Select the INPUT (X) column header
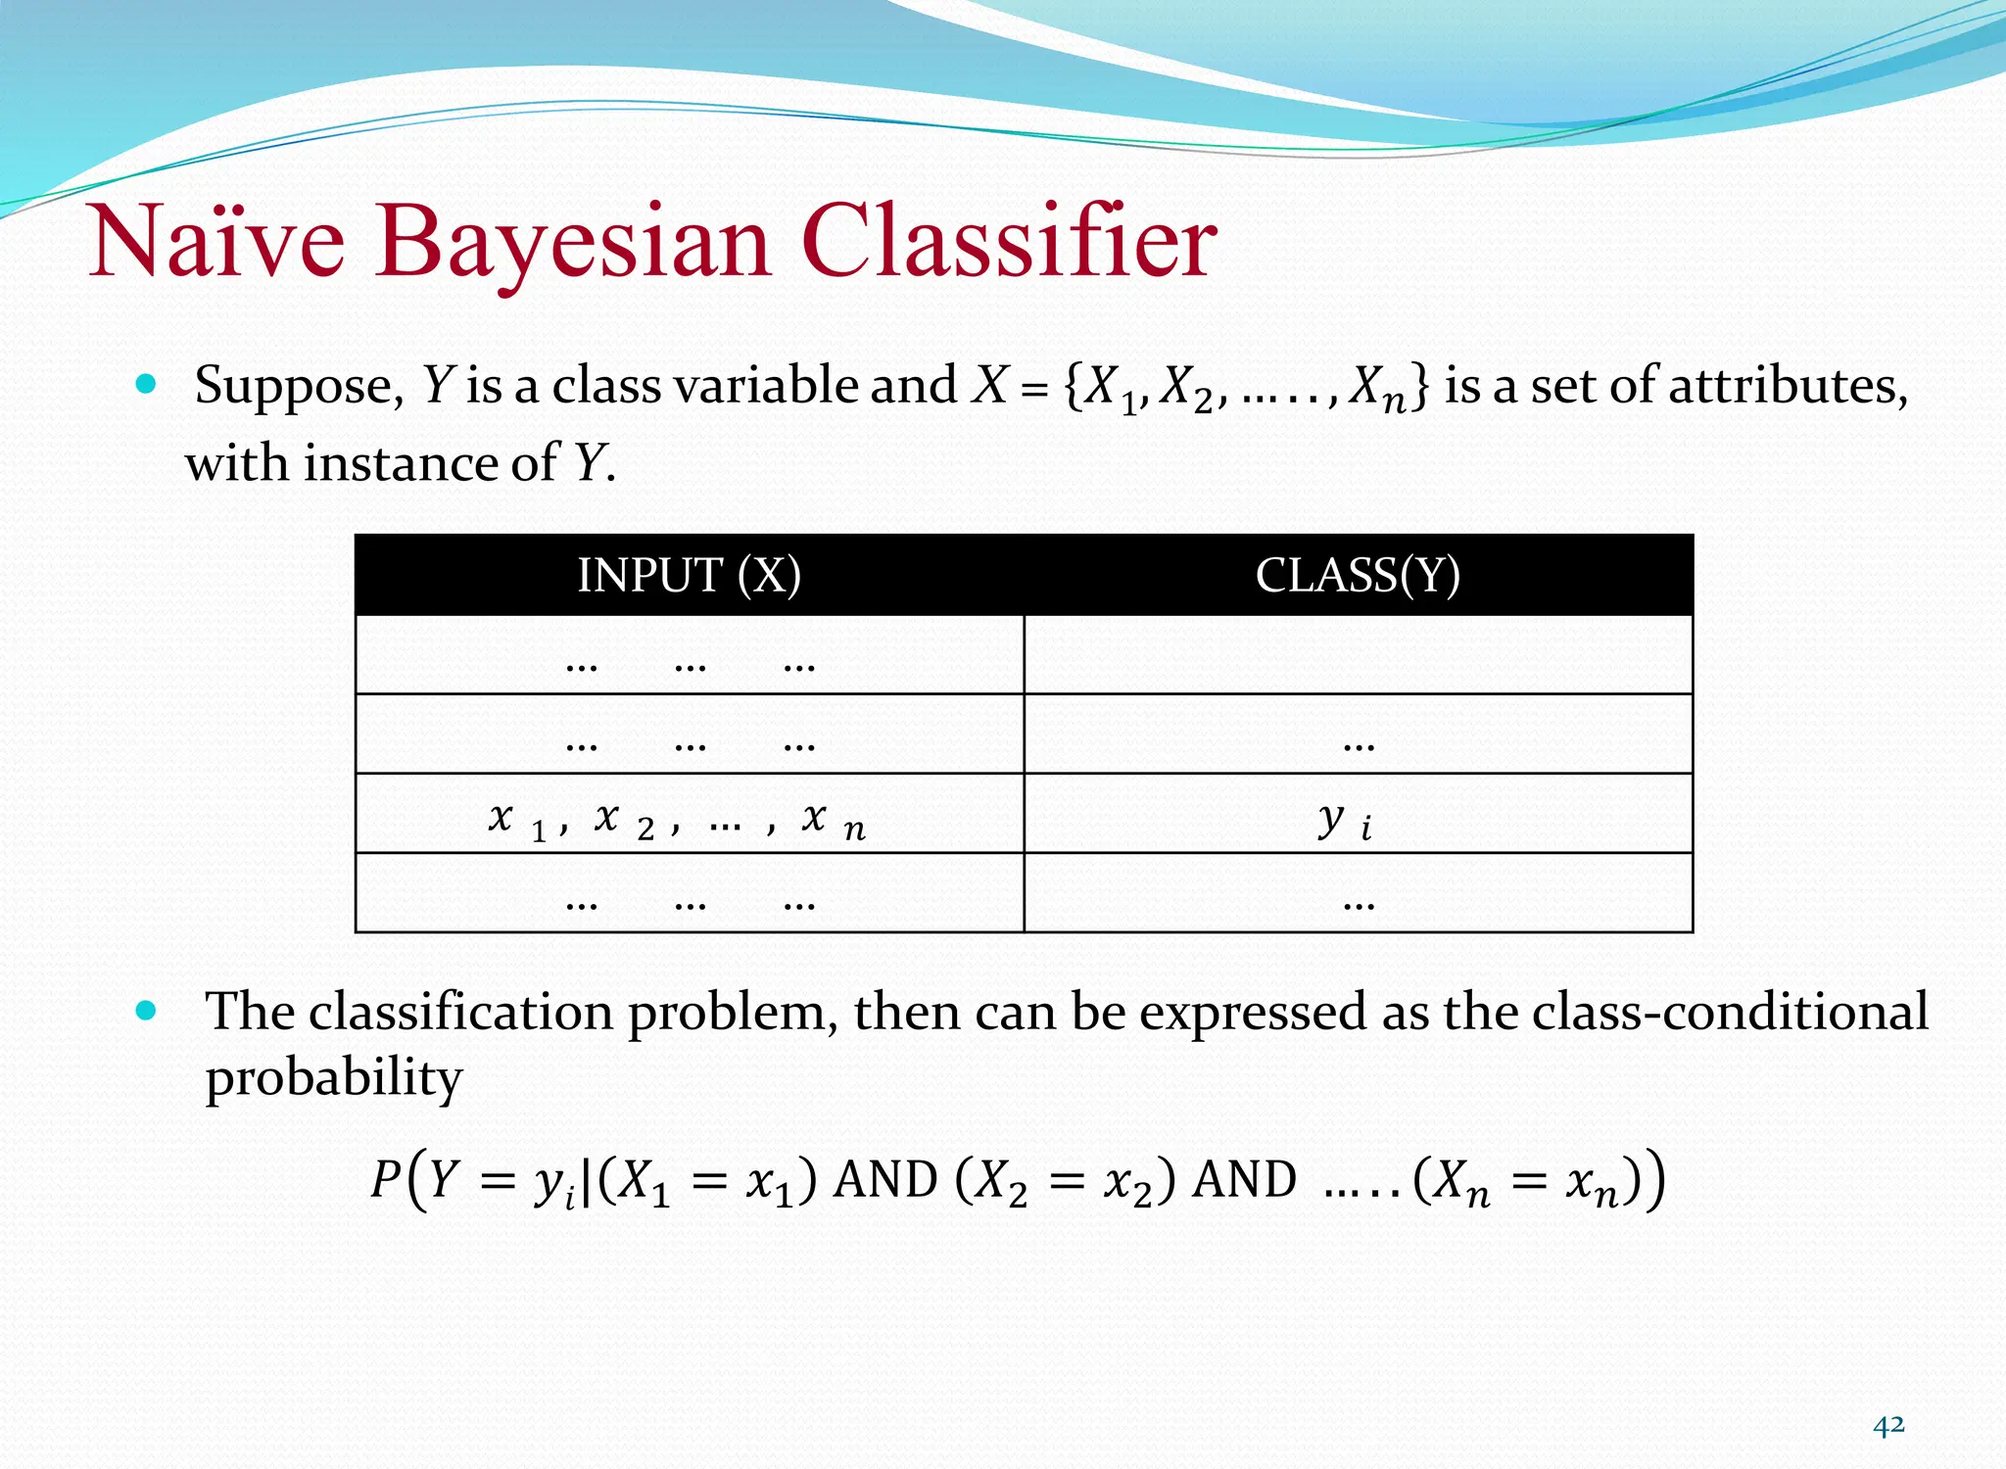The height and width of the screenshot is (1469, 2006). tap(689, 575)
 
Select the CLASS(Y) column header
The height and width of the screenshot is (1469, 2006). tap(1358, 575)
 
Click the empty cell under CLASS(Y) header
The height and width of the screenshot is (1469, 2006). tap(1358, 655)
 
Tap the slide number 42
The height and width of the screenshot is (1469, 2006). tap(1888, 1425)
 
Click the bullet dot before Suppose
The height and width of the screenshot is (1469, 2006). tap(147, 384)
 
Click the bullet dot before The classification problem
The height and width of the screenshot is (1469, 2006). tap(147, 1011)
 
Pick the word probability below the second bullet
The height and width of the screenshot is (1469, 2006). tap(333, 1077)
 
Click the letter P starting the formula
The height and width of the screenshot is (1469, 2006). tap(384, 1179)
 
